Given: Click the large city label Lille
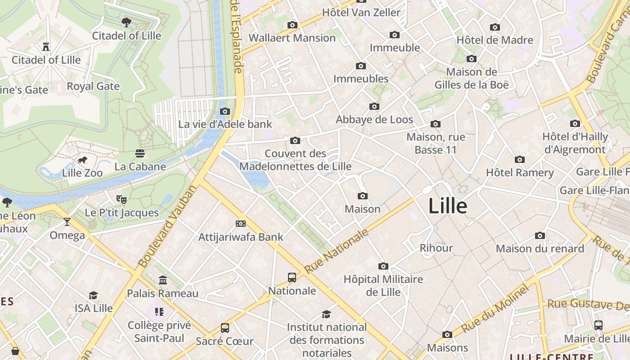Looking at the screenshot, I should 448,206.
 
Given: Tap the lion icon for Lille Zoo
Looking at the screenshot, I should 82,160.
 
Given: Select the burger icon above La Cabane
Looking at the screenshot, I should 140,153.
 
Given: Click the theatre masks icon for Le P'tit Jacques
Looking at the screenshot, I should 121,199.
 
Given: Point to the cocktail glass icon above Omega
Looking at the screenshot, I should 67,221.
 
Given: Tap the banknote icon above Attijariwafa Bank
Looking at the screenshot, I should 241,223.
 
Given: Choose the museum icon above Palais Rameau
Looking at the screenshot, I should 163,280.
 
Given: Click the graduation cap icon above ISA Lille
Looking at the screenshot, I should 93,295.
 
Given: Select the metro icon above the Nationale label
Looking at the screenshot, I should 292,277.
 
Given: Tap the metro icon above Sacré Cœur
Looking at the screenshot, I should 225,328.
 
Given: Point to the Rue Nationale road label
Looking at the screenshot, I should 336,251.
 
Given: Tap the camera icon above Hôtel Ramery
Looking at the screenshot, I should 520,159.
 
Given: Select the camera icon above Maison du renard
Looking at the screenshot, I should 540,235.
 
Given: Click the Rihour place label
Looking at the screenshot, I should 436,248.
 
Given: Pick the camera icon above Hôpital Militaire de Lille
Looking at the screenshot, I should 383,266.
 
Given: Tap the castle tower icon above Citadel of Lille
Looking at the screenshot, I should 45,46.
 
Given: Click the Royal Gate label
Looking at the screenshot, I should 93,86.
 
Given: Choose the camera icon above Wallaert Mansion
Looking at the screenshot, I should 292,25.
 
